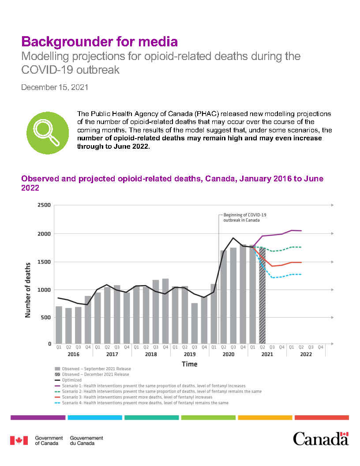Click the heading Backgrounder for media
click(x=99, y=42)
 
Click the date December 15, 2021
click(x=55, y=87)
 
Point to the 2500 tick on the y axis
click(x=43, y=205)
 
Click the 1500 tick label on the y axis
click(x=43, y=262)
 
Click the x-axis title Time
click(x=190, y=364)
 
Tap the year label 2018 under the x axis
click(x=151, y=354)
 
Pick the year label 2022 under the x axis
click(x=306, y=354)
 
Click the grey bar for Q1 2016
click(x=59, y=325)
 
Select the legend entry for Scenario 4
click(x=142, y=403)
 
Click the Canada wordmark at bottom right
click(x=321, y=439)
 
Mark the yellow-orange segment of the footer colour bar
click(x=265, y=417)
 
